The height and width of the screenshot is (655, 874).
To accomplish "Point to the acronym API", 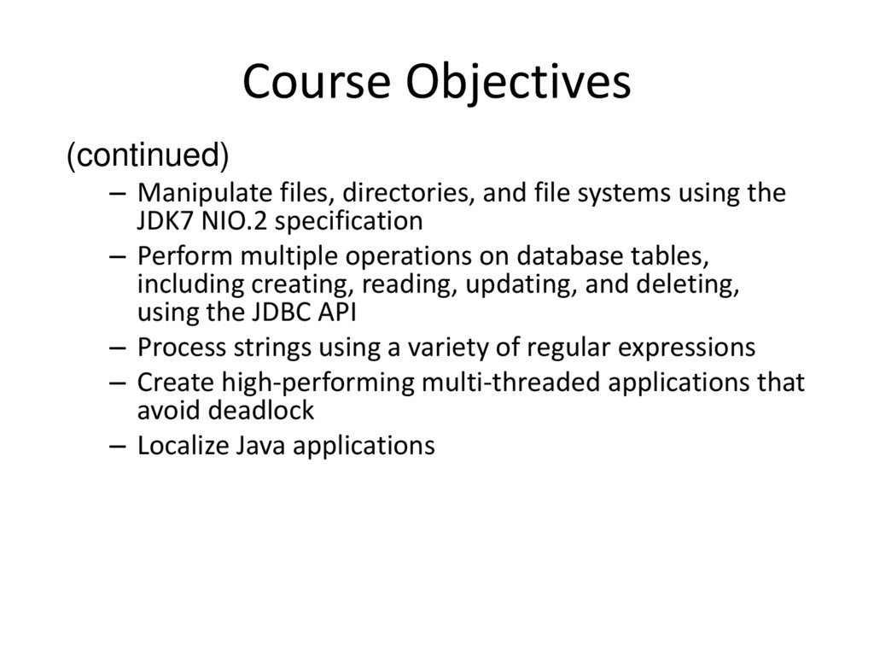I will coord(336,312).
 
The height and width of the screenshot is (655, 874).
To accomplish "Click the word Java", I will coord(252,446).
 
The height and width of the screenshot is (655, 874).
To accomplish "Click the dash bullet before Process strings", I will coord(118,348).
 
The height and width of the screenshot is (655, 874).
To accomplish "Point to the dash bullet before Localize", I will coord(118,447).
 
